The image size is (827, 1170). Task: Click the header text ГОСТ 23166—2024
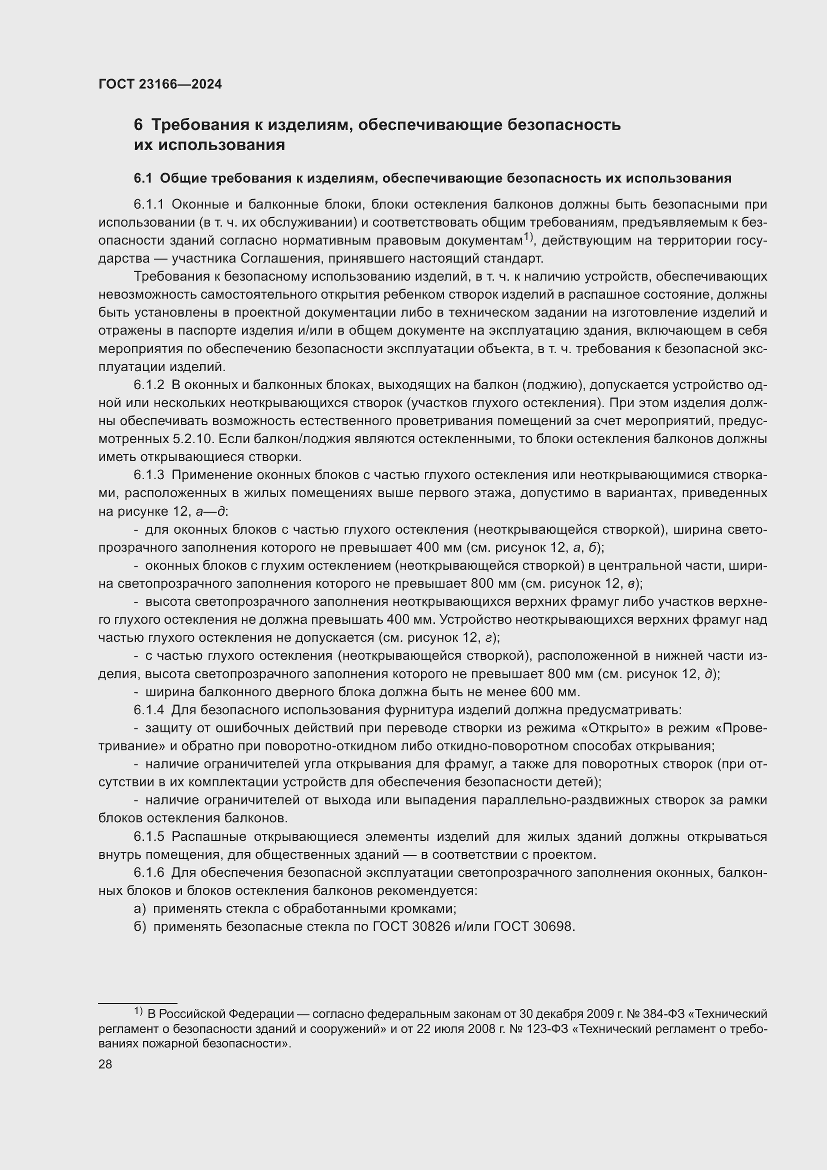tap(160, 84)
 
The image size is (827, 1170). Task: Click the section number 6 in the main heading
tap(138, 125)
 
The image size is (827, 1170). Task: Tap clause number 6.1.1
tap(148, 205)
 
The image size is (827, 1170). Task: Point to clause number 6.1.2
tap(148, 385)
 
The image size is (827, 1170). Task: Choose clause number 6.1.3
tap(148, 475)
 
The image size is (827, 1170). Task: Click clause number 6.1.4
tap(148, 710)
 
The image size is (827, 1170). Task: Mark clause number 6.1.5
tap(148, 837)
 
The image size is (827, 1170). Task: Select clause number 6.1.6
tap(148, 873)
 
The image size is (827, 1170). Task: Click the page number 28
tap(105, 1064)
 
